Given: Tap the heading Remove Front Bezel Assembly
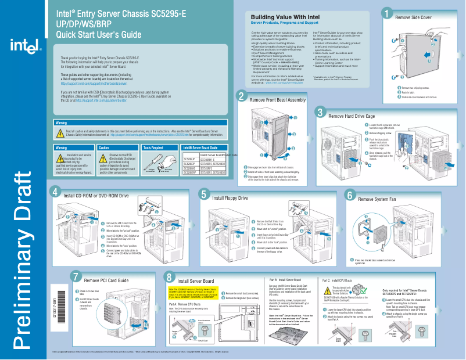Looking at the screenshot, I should tap(277, 100).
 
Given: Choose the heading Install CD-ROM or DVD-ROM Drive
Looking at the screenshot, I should tap(96, 196).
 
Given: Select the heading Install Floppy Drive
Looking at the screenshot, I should tap(230, 199).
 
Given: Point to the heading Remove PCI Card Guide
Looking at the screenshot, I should tap(106, 280).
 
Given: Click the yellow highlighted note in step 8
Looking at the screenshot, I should tap(192, 293).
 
